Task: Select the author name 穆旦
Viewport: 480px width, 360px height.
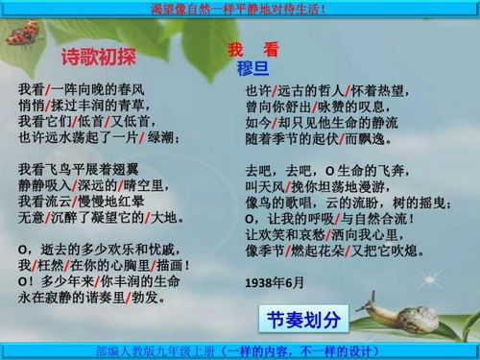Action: tap(252, 68)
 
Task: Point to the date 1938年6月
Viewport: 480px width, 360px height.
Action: tap(274, 283)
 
